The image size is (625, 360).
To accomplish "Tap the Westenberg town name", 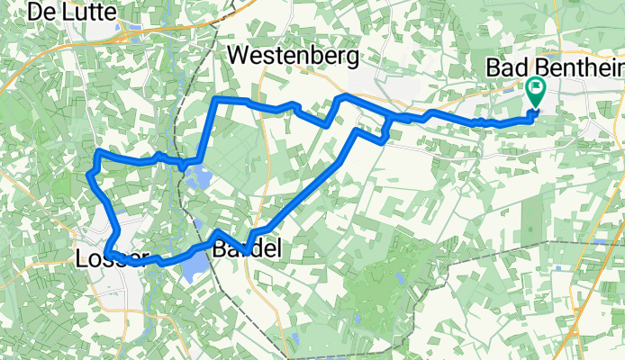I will tap(294, 56).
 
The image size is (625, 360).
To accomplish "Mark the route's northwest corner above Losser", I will tap(96, 152).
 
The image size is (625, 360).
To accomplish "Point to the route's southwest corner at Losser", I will tap(107, 253).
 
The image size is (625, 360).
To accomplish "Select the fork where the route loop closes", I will tap(389, 118).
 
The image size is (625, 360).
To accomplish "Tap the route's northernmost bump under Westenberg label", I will tap(341, 94).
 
